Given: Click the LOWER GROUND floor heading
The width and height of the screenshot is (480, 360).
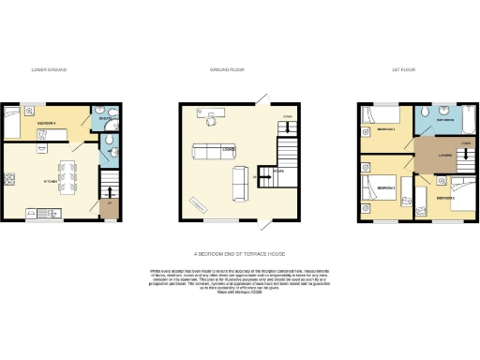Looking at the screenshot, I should click(48, 70).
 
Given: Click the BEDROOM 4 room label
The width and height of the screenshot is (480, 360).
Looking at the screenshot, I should click(48, 123).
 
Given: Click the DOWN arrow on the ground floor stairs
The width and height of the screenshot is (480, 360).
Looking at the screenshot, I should click(287, 123).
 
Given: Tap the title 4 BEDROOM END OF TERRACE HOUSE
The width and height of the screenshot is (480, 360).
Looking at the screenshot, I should click(239, 254).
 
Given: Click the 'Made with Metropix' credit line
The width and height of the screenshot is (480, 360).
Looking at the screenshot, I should click(240, 293).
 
